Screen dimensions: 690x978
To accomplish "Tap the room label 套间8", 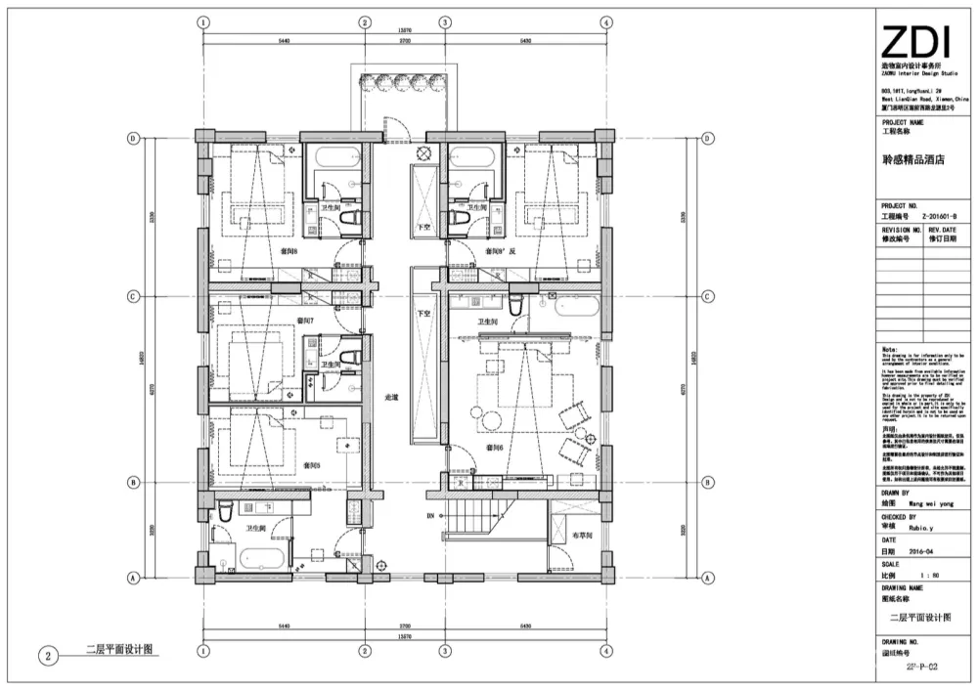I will [x=289, y=251].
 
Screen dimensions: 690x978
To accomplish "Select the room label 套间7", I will [x=306, y=320].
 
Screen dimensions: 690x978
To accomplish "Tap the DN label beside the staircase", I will [x=428, y=515].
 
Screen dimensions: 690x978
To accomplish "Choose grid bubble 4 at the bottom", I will [x=606, y=650].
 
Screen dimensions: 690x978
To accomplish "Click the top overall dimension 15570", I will [x=403, y=30].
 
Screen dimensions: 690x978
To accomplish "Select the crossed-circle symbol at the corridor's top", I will [x=423, y=152].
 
